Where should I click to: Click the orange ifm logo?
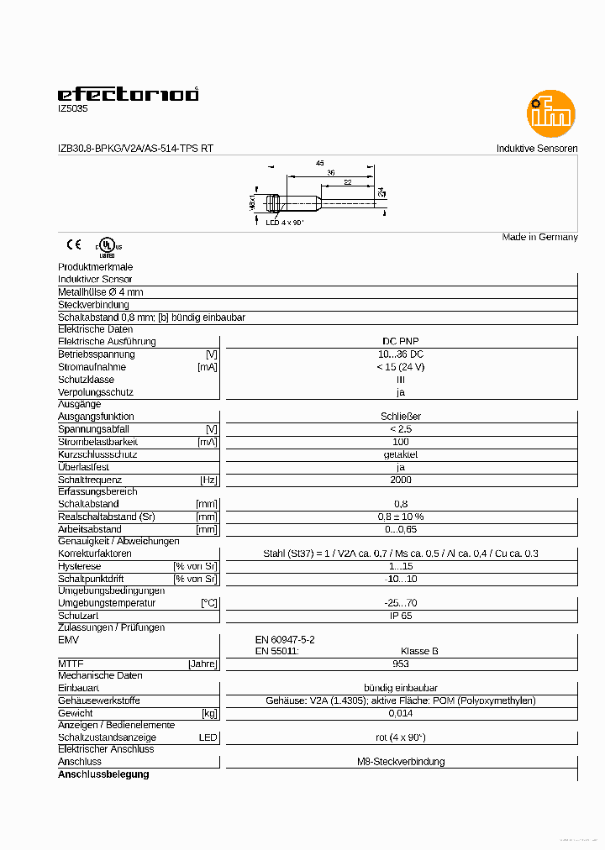551,113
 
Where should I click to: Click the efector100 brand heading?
128,94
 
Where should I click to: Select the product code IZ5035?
72,108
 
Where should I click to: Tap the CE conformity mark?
74,245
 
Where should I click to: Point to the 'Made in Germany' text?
539,237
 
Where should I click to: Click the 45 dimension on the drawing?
319,162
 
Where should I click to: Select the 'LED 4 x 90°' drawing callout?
285,223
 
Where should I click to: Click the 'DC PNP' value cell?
400,341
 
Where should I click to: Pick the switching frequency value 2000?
401,480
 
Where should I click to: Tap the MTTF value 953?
401,664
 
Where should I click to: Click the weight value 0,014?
401,713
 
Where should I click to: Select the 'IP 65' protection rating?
401,616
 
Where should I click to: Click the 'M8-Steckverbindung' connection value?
401,762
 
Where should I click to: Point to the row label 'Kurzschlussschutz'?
97,454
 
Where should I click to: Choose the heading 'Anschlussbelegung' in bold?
103,774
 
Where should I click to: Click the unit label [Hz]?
208,480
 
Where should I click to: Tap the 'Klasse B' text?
419,651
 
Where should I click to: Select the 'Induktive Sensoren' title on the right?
537,149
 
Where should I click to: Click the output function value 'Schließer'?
401,416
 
